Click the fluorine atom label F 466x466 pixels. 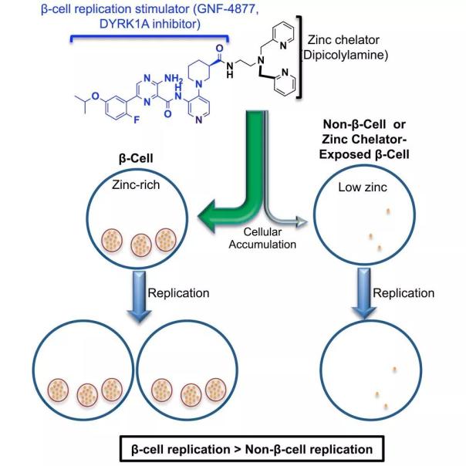point(137,120)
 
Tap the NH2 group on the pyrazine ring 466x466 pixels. point(174,79)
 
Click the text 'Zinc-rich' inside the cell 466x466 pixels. point(136,185)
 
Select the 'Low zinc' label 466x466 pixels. point(363,187)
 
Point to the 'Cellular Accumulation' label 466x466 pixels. point(262,238)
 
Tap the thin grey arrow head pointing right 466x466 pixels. point(302,222)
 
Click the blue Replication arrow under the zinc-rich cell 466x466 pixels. point(139,296)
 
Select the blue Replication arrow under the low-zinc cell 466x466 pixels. point(364,292)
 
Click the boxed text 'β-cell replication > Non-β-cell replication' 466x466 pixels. point(252,449)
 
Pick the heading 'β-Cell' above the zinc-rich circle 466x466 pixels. point(136,158)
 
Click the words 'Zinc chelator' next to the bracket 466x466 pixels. point(343,40)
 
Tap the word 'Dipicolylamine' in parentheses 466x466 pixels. point(345,55)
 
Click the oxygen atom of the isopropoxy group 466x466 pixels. point(95,96)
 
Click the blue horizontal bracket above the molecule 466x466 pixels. point(149,37)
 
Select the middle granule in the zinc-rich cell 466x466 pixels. point(141,245)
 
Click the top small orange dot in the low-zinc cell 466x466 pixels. point(388,211)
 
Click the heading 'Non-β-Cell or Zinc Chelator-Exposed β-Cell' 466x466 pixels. point(364,140)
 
